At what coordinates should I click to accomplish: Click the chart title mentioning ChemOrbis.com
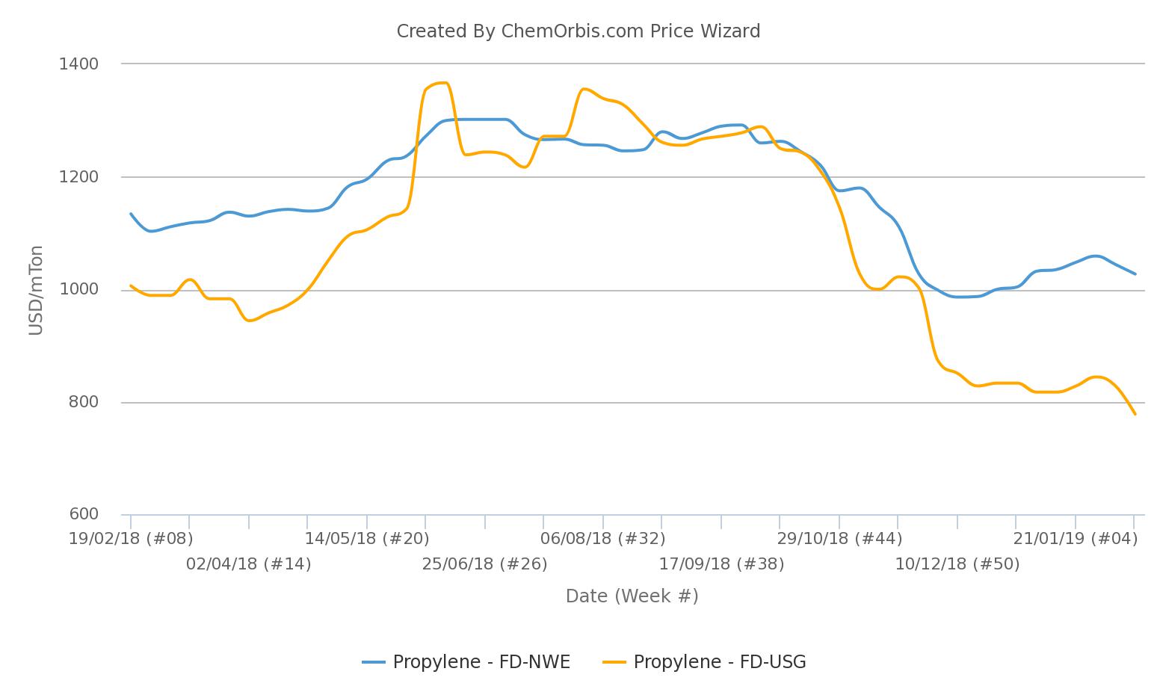(578, 31)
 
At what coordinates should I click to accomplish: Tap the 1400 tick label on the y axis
(78, 64)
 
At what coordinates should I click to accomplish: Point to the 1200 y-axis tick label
(78, 177)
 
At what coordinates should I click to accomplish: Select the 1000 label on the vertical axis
(78, 290)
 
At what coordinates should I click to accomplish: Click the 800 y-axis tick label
(83, 402)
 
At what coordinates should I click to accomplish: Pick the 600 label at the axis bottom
(83, 514)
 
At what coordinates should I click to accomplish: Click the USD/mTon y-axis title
(36, 290)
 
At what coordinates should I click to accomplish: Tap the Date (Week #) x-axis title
(632, 596)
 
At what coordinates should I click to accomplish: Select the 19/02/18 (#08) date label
(131, 539)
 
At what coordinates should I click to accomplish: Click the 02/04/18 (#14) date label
(248, 564)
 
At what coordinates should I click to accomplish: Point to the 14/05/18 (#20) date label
(367, 539)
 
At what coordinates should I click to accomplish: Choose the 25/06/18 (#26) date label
(484, 564)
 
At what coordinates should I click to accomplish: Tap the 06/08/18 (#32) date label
(602, 539)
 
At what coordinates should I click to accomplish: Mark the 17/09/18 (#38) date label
(721, 564)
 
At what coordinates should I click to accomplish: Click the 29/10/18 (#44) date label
(839, 539)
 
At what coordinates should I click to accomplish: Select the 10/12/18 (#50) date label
(957, 564)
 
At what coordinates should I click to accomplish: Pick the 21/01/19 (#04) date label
(1075, 539)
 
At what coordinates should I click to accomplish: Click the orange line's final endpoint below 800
(1135, 413)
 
